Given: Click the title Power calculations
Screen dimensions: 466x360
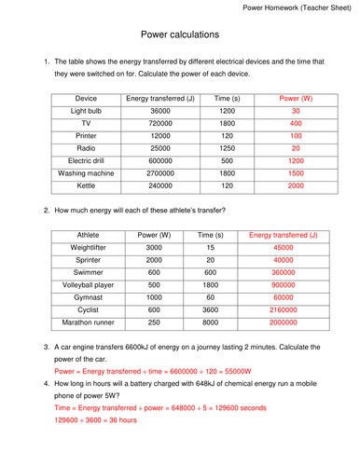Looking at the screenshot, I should pyautogui.click(x=180, y=34).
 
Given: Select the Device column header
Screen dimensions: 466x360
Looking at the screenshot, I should pyautogui.click(x=86, y=97).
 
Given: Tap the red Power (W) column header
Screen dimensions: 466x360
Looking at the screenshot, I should pyautogui.click(x=296, y=97).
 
